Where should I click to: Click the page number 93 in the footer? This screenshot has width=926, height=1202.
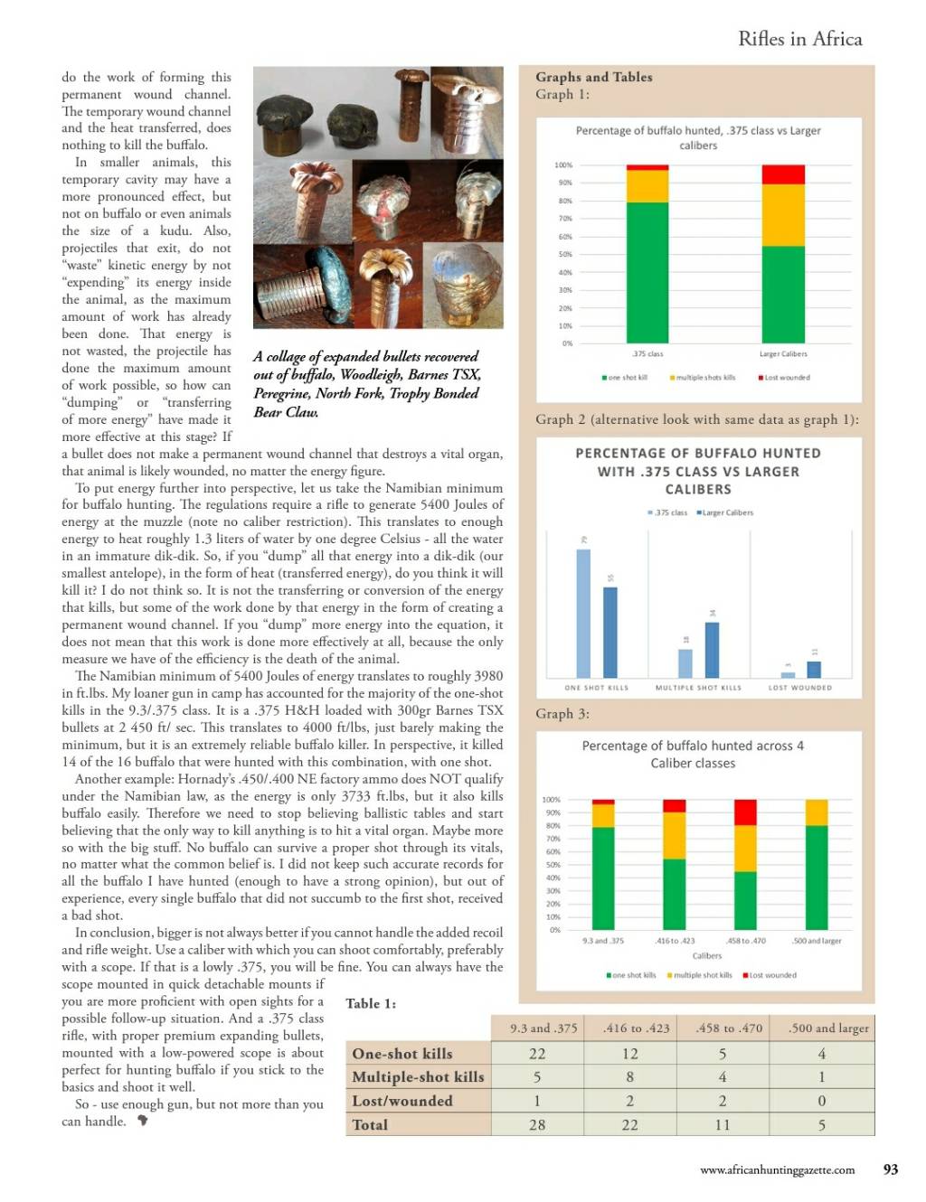tap(890, 1169)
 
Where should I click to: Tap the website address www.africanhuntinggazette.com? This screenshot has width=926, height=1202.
tap(777, 1170)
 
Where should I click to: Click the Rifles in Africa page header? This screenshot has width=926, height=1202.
tap(799, 39)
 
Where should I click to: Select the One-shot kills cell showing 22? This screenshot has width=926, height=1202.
tap(537, 1054)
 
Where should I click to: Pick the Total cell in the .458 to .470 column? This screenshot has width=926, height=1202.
tap(722, 1125)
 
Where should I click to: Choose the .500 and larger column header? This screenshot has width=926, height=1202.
tap(827, 1028)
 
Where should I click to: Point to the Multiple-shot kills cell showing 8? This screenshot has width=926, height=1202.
tap(629, 1077)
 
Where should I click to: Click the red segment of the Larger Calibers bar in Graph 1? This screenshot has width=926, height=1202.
tap(782, 174)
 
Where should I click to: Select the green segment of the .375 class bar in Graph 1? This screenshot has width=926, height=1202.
tap(647, 272)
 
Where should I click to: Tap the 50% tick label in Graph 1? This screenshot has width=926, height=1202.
tap(565, 255)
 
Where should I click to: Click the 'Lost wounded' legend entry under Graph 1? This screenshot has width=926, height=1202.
tap(784, 378)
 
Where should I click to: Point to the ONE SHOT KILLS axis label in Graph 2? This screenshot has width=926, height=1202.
tap(596, 688)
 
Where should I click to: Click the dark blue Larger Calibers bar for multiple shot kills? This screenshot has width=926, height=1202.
tap(712, 649)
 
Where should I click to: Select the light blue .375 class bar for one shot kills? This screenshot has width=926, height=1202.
tap(583, 613)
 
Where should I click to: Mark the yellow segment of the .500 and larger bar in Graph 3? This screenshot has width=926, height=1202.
tap(816, 812)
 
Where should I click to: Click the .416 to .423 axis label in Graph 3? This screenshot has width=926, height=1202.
tap(675, 941)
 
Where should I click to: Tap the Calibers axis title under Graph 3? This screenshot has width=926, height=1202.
tap(707, 955)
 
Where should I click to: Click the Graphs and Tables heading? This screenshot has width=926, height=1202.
tap(593, 78)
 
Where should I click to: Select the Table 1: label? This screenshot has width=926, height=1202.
tap(371, 1003)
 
